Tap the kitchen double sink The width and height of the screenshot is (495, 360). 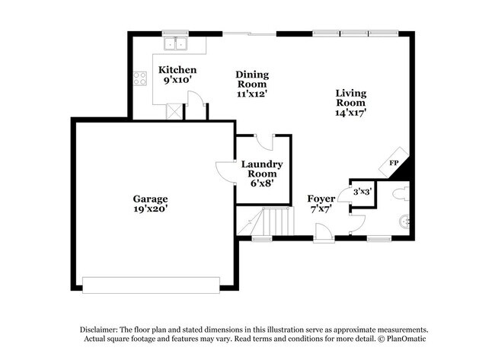(174, 43)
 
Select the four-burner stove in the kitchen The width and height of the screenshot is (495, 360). (140, 78)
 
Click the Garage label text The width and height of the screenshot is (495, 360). (149, 199)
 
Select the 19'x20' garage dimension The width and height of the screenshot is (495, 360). (149, 209)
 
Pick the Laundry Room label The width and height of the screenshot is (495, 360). (262, 164)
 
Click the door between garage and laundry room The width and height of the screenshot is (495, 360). (225, 171)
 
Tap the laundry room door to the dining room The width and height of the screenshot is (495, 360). (264, 142)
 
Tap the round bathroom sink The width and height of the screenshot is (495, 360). (405, 222)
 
